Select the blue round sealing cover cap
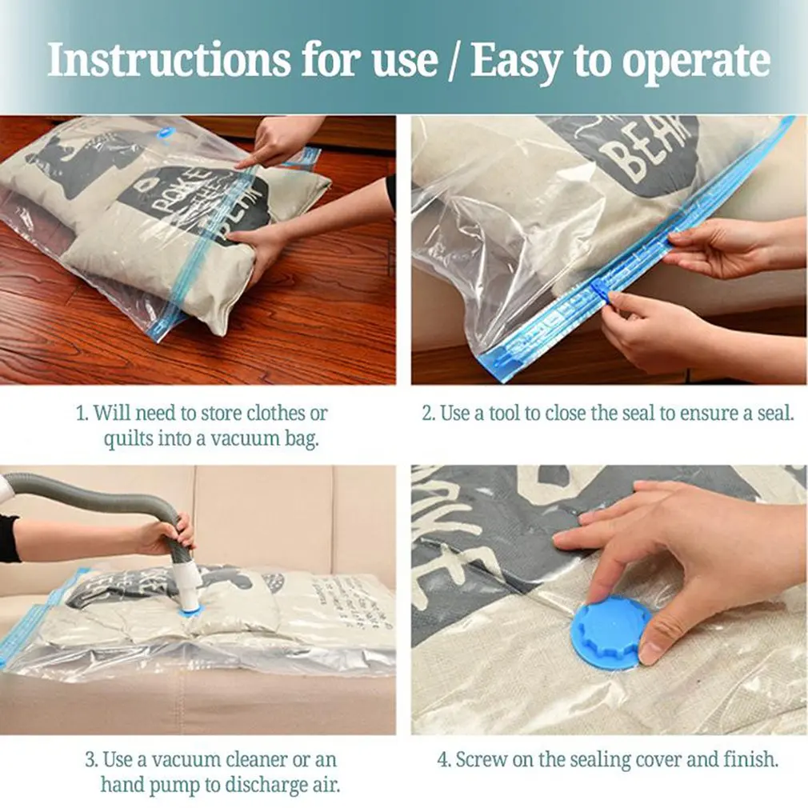click(x=610, y=632)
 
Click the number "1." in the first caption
click(x=81, y=414)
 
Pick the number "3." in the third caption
click(x=91, y=758)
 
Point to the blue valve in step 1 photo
click(x=166, y=134)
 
